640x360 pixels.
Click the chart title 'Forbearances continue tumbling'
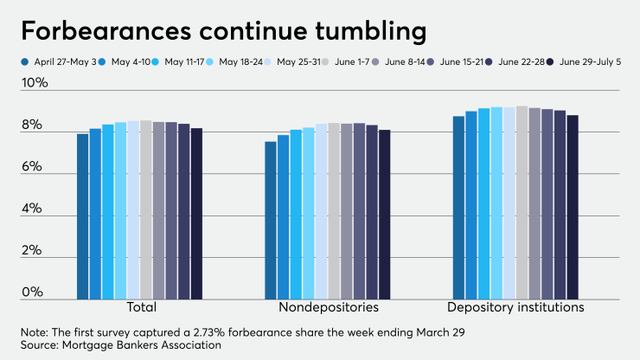coord(223,31)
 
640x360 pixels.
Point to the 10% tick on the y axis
coord(34,84)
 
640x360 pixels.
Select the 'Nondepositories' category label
coord(329,307)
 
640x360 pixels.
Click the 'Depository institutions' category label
coord(515,307)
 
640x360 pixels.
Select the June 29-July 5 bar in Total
coord(196,214)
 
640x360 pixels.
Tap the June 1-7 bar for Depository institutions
coord(522,202)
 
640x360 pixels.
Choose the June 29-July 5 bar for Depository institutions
coord(573,208)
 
